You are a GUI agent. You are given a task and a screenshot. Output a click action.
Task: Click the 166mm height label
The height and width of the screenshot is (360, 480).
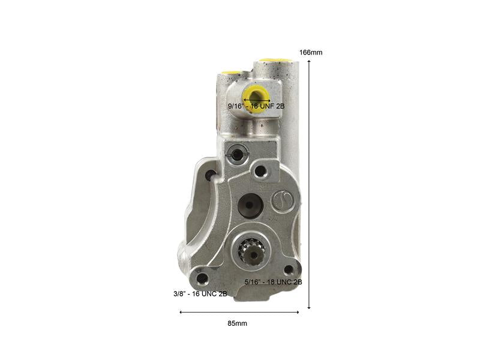pos(311,53)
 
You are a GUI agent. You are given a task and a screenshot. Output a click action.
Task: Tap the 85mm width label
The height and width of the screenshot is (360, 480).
pos(237,323)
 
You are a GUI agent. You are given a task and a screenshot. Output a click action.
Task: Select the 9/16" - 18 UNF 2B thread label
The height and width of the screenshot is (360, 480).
pos(256,107)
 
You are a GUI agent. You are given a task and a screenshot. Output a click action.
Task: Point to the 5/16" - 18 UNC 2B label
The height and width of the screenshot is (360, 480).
pos(274,282)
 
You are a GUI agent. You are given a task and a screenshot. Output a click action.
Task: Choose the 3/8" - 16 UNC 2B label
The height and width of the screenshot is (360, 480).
pos(200,294)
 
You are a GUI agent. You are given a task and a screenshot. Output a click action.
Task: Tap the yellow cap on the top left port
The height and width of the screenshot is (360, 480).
pos(229,73)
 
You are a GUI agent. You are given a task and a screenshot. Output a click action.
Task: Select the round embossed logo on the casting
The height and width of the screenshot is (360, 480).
pos(283,201)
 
